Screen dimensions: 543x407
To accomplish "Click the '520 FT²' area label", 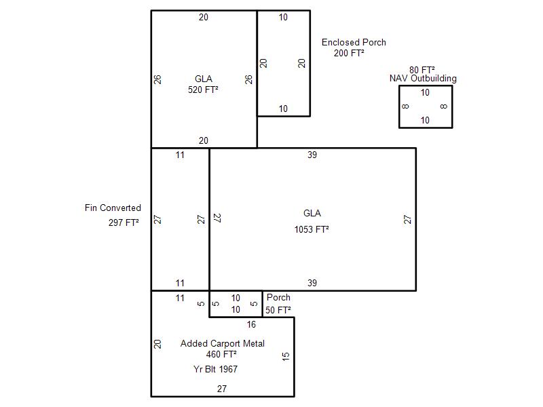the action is (203, 90).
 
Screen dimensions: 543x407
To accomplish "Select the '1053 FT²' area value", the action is (312, 229).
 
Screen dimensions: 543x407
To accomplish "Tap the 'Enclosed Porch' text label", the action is (354, 42).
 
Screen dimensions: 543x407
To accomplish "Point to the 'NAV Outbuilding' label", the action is (423, 79).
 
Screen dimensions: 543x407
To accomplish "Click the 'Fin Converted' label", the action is (113, 208).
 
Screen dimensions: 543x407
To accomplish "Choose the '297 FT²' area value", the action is (124, 222).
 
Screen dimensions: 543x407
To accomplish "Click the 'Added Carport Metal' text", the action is (223, 343).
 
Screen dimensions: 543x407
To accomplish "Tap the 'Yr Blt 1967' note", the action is (215, 369).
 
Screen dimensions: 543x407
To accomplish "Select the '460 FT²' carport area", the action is (221, 354).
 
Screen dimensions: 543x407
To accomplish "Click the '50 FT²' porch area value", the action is (278, 310).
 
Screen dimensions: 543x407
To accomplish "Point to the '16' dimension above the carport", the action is (251, 324).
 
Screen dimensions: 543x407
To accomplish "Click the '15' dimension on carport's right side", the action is (286, 356).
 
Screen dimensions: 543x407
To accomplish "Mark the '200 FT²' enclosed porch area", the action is (349, 53).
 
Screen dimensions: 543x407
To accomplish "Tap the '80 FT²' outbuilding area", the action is (422, 70).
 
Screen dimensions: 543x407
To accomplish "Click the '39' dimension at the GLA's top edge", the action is (312, 155).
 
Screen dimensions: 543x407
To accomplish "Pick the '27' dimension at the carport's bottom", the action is (222, 389).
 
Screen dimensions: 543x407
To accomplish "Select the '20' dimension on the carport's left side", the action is (157, 344).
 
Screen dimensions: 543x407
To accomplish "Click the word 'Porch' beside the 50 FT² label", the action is (278, 297).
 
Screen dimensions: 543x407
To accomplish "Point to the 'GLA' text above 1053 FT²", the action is (312, 213).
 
